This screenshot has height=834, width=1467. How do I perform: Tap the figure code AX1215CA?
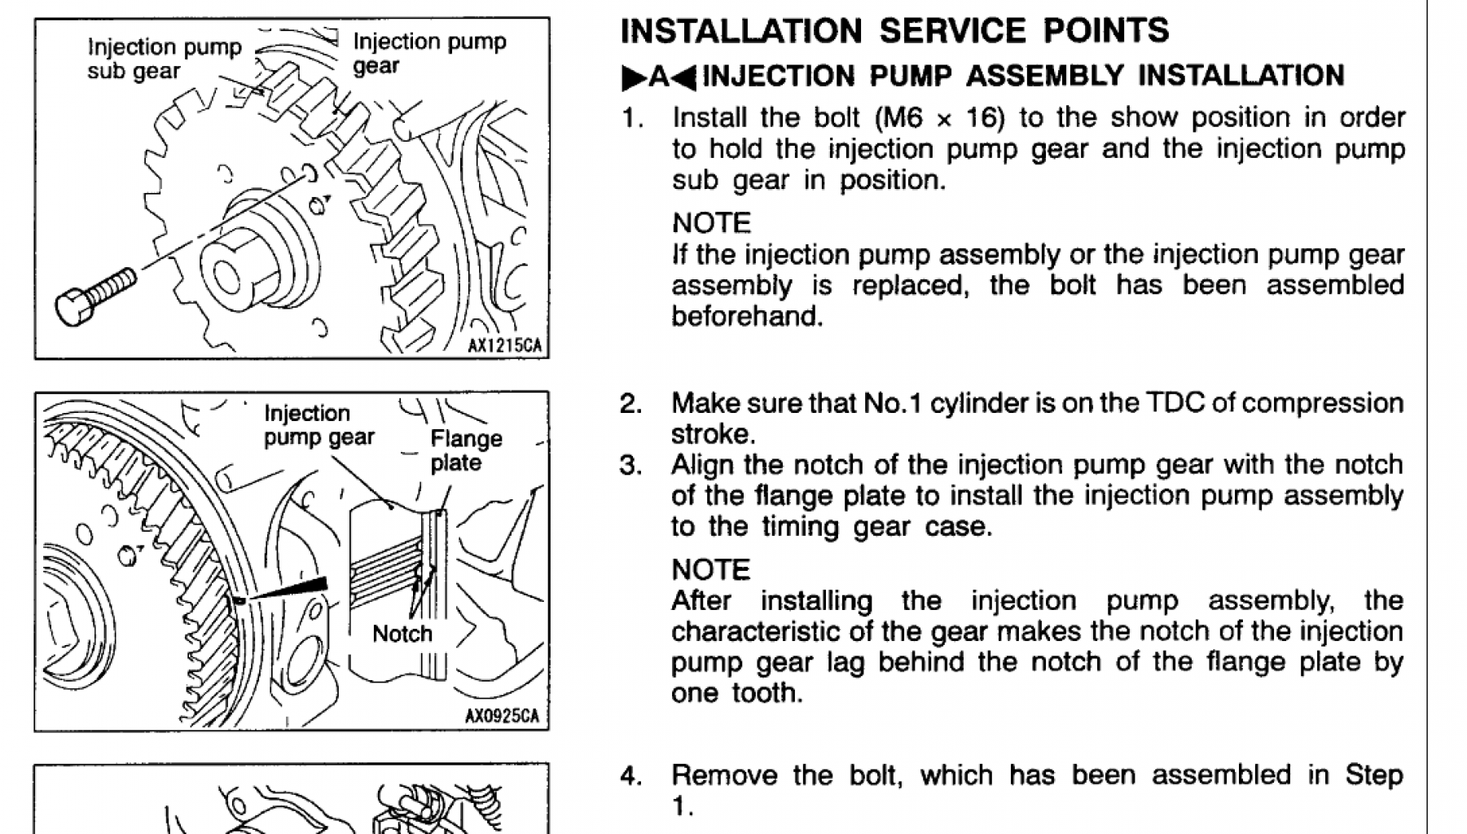[504, 345]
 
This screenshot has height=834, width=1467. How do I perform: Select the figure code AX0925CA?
[502, 716]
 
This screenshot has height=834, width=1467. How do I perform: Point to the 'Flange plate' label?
[466, 450]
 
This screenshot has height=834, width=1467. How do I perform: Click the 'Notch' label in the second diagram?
[402, 634]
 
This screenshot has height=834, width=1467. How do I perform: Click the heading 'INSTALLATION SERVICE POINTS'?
[894, 31]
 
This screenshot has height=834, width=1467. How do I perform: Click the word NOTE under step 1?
[711, 223]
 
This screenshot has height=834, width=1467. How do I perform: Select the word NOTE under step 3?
[711, 569]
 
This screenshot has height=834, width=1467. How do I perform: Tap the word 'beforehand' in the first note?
[747, 316]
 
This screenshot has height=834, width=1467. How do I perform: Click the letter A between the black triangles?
[659, 77]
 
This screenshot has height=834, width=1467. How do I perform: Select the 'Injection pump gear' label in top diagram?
[428, 53]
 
